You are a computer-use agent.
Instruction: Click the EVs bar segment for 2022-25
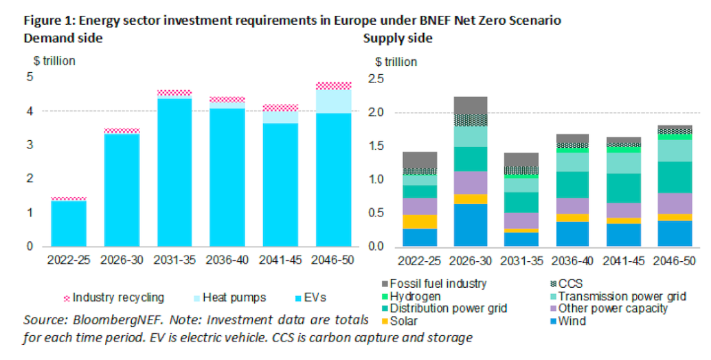[69, 223]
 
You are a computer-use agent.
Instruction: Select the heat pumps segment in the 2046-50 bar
[332, 101]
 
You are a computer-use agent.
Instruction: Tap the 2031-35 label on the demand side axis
[174, 261]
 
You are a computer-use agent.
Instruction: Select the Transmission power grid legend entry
[626, 296]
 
